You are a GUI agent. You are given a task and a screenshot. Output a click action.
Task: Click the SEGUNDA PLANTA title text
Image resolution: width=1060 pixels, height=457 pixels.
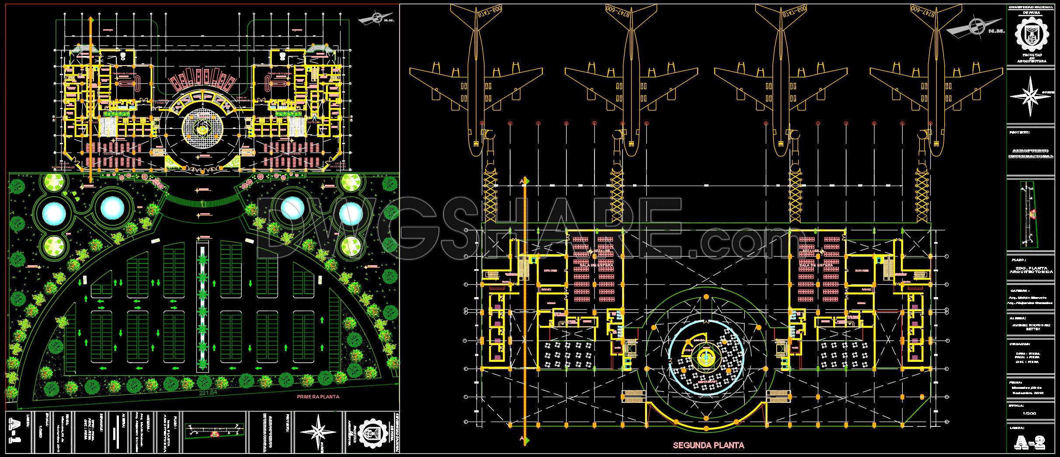tap(709, 446)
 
